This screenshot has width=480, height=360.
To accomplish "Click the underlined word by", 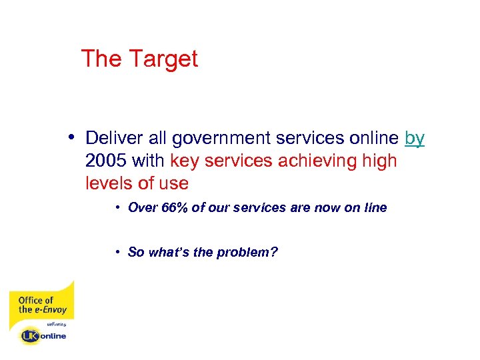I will click(x=414, y=139).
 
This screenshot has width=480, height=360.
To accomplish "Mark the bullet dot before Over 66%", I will click(x=116, y=208).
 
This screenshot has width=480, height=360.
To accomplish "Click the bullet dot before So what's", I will click(x=116, y=252).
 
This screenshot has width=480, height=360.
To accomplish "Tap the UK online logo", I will click(x=43, y=336).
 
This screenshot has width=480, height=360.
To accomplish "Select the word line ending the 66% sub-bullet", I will click(x=375, y=208).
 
